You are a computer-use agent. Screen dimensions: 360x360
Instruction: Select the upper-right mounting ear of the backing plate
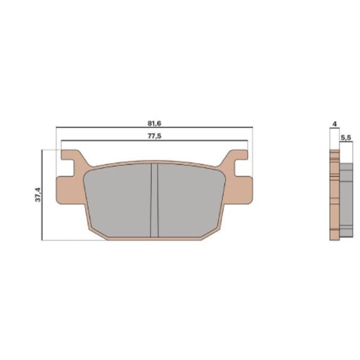coord(241,159)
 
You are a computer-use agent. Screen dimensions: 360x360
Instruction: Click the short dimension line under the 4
coord(334,129)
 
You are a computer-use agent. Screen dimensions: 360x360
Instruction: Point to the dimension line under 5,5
coord(345,144)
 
